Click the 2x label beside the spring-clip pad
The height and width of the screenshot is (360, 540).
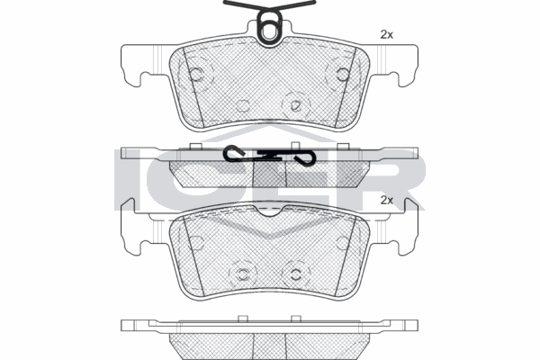[386, 35]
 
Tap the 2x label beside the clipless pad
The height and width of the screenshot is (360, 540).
[386, 200]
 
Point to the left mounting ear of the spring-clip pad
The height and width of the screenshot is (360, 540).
[145, 65]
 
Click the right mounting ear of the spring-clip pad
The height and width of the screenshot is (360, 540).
[394, 65]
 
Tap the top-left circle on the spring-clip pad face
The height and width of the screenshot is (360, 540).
[196, 74]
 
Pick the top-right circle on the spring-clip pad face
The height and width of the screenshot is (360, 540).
[343, 75]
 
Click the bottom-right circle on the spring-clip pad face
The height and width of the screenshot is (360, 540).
[295, 105]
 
